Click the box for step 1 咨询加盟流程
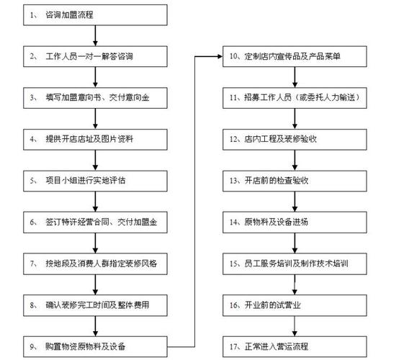(x=95, y=15)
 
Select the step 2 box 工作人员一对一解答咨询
(x=95, y=56)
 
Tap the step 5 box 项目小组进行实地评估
(x=95, y=181)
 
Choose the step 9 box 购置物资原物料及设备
(x=95, y=346)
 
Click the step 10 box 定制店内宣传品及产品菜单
(x=295, y=56)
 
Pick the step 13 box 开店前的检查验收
(x=295, y=181)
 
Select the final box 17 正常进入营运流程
(x=295, y=346)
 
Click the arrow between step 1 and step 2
(x=95, y=35)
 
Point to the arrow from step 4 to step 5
(x=95, y=160)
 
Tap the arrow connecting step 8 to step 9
(x=95, y=326)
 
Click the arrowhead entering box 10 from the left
(x=220, y=56)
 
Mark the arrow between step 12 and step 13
(x=295, y=160)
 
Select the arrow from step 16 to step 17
(x=295, y=326)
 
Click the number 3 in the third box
(x=32, y=98)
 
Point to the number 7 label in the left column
(x=32, y=264)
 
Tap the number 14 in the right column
(x=233, y=222)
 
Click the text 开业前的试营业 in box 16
(x=273, y=305)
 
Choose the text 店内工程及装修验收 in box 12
(x=281, y=139)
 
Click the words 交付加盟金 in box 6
(x=137, y=222)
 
